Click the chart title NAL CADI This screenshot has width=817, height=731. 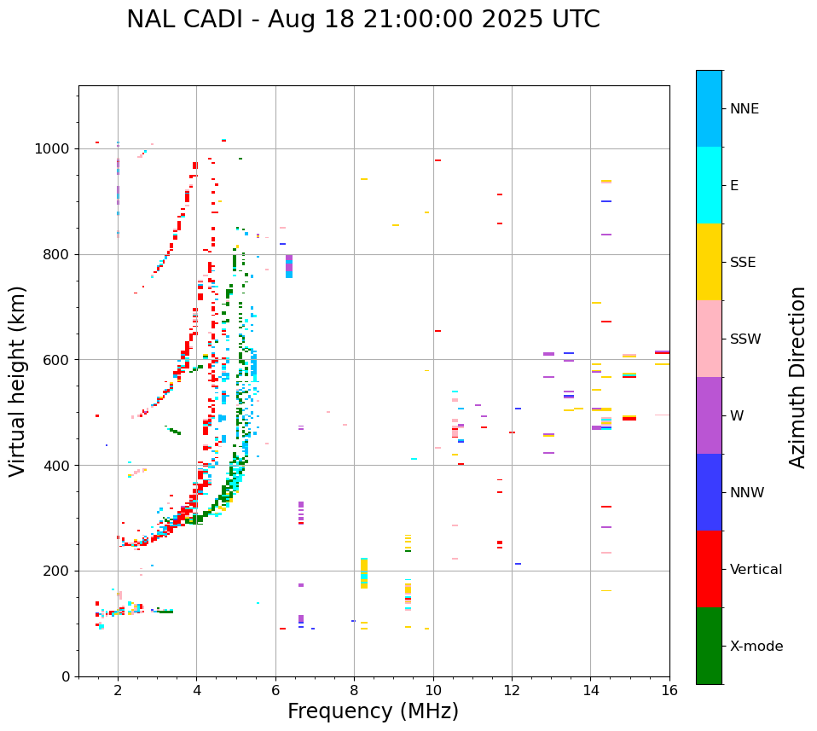pos(362,20)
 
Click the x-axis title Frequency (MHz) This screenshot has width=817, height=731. pos(373,711)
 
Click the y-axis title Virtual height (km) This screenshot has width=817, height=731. pos(19,381)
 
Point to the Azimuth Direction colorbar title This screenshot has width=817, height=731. pos(797,377)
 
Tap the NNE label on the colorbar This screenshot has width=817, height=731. pos(745,109)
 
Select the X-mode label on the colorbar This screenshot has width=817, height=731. pos(756,647)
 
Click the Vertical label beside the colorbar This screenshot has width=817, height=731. pos(756,570)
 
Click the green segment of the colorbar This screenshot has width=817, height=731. pos(709,646)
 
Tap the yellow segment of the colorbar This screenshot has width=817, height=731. pos(709,262)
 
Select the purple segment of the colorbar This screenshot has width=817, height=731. pos(709,415)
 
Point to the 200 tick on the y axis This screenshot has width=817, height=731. pos(61,571)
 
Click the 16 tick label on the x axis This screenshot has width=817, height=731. pos(669,690)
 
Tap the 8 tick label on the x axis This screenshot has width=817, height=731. pos(354,690)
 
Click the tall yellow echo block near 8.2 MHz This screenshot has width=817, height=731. pos(364,572)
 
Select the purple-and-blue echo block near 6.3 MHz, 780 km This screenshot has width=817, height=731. pos(289,266)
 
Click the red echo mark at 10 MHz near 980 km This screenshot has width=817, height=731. pos(437,160)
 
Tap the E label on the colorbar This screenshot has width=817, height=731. pos(734,186)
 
